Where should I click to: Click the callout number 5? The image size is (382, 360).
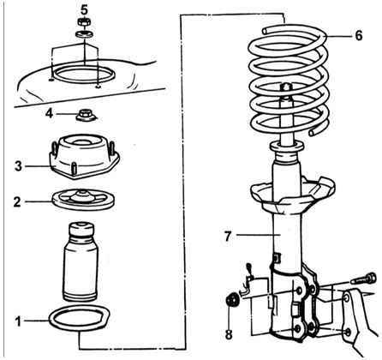(x=84, y=10)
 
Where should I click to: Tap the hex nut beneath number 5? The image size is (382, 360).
(x=85, y=22)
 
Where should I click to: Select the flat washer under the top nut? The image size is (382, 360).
(x=85, y=34)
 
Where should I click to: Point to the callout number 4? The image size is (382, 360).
(x=49, y=114)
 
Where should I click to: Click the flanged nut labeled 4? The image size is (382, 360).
(x=84, y=115)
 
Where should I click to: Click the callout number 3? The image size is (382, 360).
(x=19, y=166)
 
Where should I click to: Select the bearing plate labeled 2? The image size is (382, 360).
(x=84, y=199)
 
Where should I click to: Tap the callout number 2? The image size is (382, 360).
(x=17, y=201)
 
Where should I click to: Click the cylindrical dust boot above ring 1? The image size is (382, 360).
(x=81, y=261)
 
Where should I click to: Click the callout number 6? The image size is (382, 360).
(x=359, y=36)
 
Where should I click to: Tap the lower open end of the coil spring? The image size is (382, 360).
(x=313, y=132)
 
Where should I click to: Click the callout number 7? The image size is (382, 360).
(x=228, y=237)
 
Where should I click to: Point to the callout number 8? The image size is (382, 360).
(x=229, y=334)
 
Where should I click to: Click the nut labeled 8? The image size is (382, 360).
(x=232, y=299)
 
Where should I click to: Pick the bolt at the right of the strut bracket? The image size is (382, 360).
(x=364, y=278)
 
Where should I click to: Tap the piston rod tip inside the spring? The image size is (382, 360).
(x=286, y=87)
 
